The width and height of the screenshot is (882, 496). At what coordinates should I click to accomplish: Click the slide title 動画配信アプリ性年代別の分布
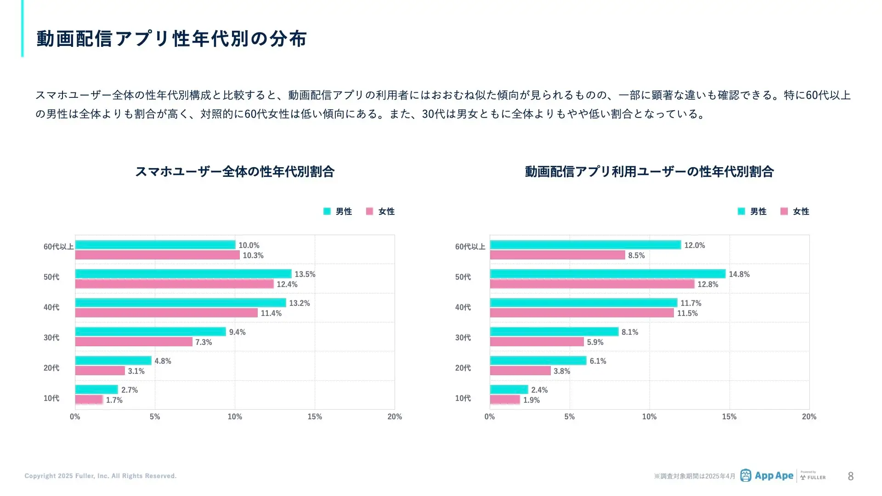pos(171,39)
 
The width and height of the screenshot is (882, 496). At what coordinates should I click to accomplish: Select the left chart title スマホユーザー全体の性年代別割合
pos(235,172)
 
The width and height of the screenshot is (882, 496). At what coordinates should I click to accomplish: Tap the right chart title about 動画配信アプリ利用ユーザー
pos(649,172)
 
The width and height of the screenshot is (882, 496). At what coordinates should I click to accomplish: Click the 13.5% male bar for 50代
pos(183,274)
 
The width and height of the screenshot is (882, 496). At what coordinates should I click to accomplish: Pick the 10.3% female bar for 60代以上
pos(157,255)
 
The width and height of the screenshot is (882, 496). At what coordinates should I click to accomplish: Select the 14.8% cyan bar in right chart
pos(607,274)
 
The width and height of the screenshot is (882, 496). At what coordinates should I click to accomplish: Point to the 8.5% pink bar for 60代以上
pos(557,255)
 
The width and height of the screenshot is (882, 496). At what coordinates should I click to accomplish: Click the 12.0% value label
pos(694,246)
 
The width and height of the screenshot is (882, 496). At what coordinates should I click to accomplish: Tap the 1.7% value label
pos(114,400)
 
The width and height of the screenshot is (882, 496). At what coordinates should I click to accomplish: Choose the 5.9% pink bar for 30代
pos(537,342)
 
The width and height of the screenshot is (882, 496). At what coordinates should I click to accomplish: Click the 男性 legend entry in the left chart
pos(338,212)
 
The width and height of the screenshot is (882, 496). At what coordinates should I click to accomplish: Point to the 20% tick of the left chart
pos(395,417)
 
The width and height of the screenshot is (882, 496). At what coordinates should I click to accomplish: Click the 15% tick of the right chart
pos(729,417)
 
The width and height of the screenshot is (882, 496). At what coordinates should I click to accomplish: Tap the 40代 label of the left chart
pos(51,308)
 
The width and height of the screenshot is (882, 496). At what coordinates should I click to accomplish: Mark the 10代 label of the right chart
pos(463,399)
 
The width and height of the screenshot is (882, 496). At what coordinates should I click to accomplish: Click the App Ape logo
pos(767,476)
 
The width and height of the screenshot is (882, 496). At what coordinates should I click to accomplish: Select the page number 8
pos(851,477)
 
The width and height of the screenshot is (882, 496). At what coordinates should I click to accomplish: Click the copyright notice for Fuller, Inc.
pos(101,476)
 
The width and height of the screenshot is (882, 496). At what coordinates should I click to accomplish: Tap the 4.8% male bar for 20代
pos(113,361)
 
